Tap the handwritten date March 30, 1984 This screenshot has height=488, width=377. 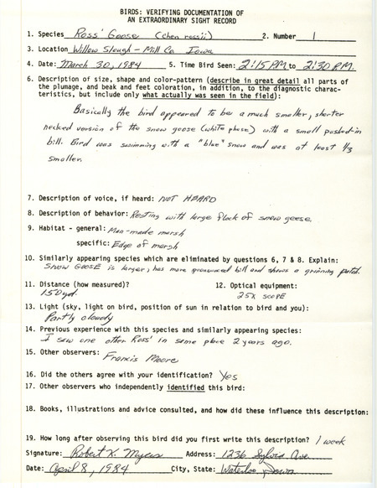point(97,64)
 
